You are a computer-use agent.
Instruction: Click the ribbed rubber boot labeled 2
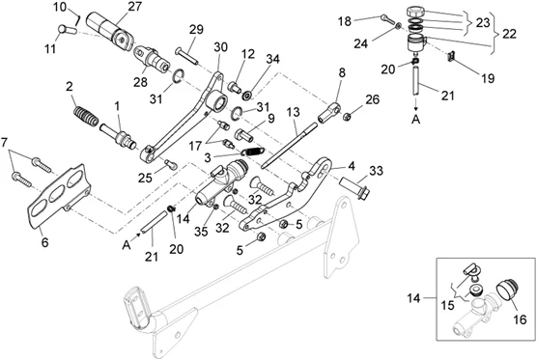click(x=86, y=116)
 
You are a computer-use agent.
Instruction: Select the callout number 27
click(x=134, y=6)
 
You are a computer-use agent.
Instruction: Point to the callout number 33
click(x=376, y=171)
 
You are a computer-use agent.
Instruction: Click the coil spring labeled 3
click(x=252, y=151)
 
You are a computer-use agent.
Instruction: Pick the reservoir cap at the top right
click(x=415, y=12)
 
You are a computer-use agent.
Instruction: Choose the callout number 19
click(x=488, y=78)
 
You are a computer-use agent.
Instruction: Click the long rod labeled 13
click(x=289, y=146)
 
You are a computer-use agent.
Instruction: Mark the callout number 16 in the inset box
click(x=520, y=319)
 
